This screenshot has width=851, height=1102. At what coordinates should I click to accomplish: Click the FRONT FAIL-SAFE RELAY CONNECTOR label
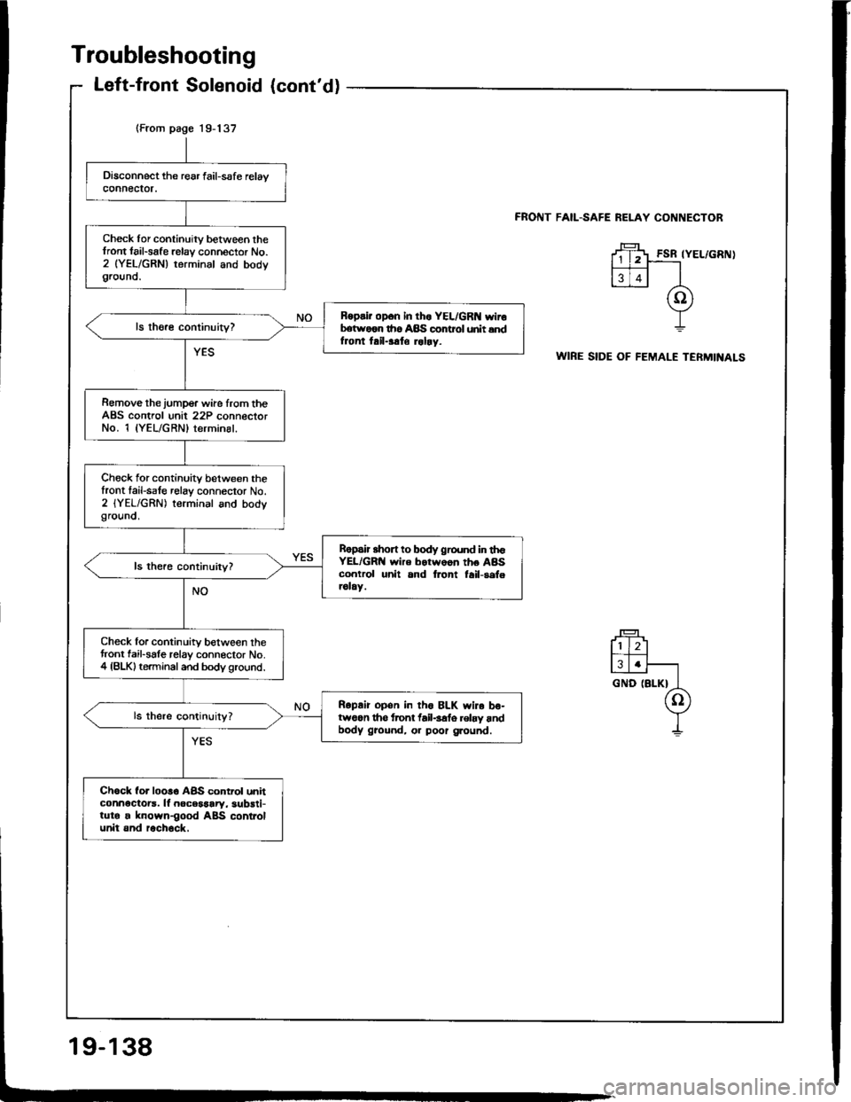[x=645, y=216]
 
